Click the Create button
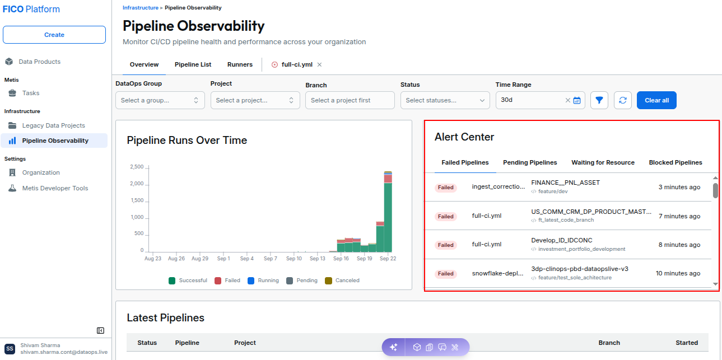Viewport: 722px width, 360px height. click(54, 35)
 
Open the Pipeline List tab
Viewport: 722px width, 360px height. click(193, 64)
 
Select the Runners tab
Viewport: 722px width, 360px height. click(240, 64)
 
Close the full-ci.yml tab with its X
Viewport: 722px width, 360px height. click(319, 64)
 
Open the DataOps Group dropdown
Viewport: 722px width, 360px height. click(160, 100)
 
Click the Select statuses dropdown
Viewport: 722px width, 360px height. click(445, 100)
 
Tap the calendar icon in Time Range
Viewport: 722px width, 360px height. click(577, 100)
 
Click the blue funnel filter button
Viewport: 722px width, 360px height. click(599, 100)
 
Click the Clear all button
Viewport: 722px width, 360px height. click(656, 100)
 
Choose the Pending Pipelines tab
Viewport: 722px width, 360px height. click(530, 162)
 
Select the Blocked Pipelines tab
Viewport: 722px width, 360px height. click(676, 162)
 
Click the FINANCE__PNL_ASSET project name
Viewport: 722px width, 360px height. click(565, 183)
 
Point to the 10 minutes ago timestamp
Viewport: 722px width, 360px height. click(678, 273)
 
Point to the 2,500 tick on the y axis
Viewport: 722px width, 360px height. click(137, 167)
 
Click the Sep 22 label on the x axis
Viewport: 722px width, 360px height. click(388, 259)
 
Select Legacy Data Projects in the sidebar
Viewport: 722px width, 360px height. click(54, 125)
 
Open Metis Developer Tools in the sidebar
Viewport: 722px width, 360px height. click(55, 188)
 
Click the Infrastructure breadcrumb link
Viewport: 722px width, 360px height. click(140, 8)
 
